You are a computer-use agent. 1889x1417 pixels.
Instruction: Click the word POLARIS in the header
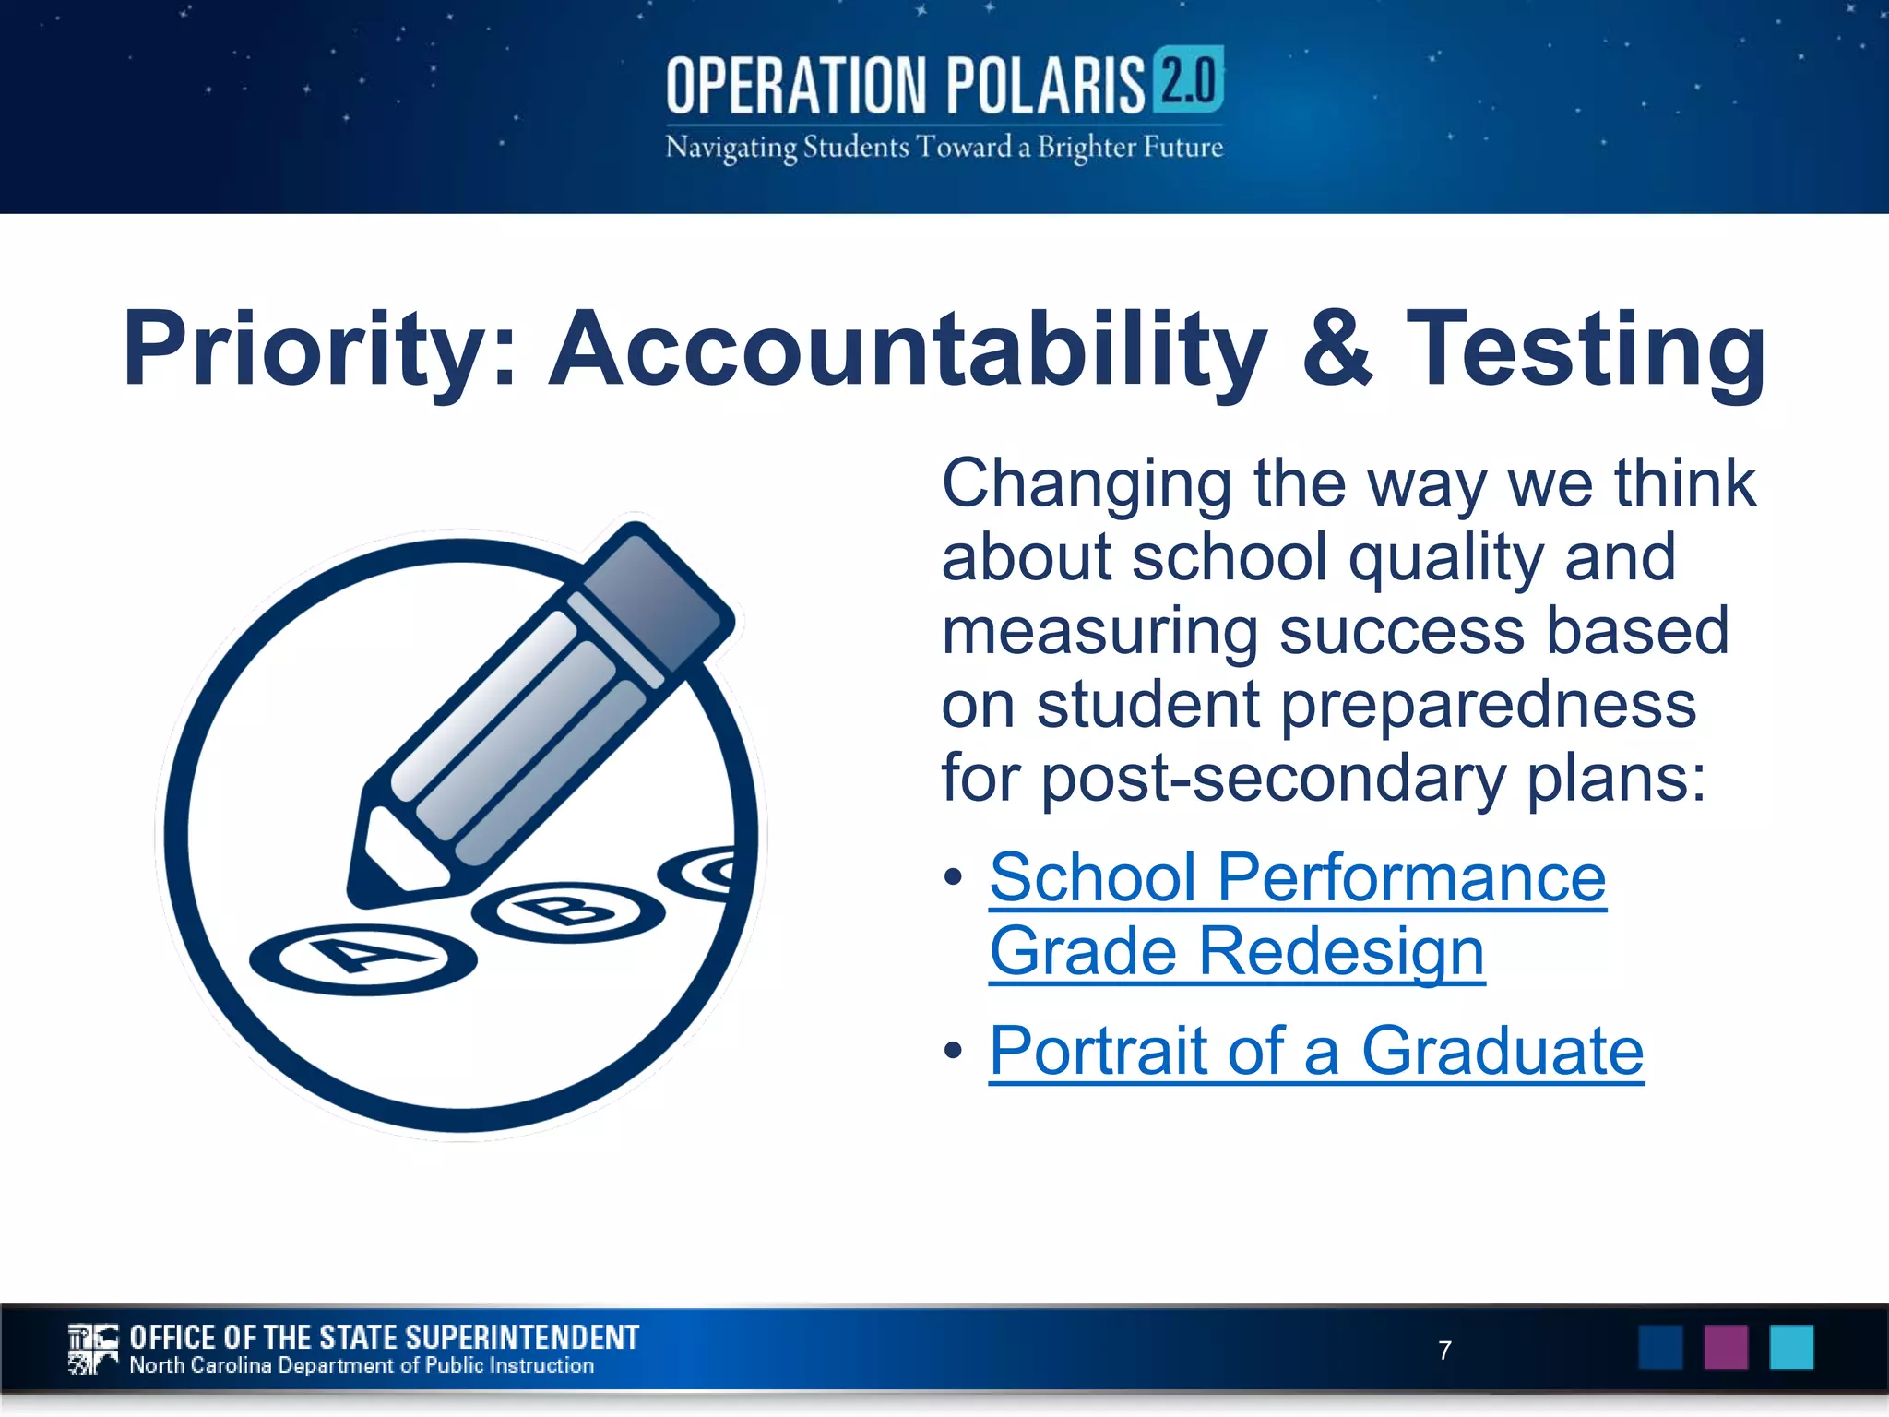(1043, 85)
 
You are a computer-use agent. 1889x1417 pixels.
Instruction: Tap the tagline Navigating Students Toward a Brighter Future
(944, 148)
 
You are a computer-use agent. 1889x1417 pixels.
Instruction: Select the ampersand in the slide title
(1337, 349)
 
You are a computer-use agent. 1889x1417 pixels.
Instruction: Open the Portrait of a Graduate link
(1315, 1051)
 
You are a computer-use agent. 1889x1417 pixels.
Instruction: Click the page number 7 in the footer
(1444, 1350)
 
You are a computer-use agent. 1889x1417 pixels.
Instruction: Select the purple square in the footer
(1726, 1347)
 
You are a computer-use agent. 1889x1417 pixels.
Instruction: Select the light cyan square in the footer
(1791, 1347)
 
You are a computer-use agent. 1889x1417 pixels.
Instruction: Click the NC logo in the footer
(93, 1349)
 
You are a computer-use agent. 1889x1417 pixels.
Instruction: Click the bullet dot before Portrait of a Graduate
(954, 1051)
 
